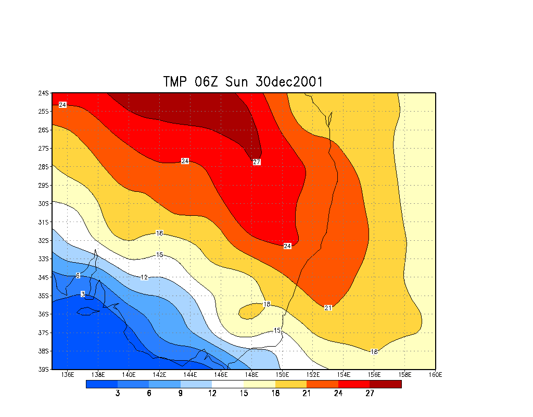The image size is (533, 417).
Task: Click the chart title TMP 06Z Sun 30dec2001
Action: (243, 82)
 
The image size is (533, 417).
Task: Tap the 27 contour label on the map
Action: (257, 162)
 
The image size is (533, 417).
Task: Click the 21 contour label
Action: (328, 308)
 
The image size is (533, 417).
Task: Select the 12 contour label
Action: (144, 277)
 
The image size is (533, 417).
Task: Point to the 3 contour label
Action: (83, 295)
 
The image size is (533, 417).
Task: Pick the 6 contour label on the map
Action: (78, 276)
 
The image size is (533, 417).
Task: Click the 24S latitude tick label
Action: (43, 93)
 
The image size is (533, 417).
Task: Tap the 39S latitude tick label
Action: (43, 370)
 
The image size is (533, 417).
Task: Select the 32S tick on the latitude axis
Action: (43, 241)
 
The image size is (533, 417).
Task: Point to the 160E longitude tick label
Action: (435, 374)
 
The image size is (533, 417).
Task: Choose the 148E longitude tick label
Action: (251, 374)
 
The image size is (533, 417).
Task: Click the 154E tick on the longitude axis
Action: (344, 374)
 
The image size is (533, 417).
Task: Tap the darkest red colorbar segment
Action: (386, 384)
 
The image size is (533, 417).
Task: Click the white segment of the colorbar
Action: (228, 384)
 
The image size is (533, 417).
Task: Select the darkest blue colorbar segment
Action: (101, 384)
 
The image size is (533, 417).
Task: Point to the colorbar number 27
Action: (370, 394)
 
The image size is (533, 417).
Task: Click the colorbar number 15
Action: (244, 394)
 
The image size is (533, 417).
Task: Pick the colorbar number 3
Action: (118, 394)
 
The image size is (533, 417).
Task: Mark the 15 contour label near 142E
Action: (160, 255)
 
